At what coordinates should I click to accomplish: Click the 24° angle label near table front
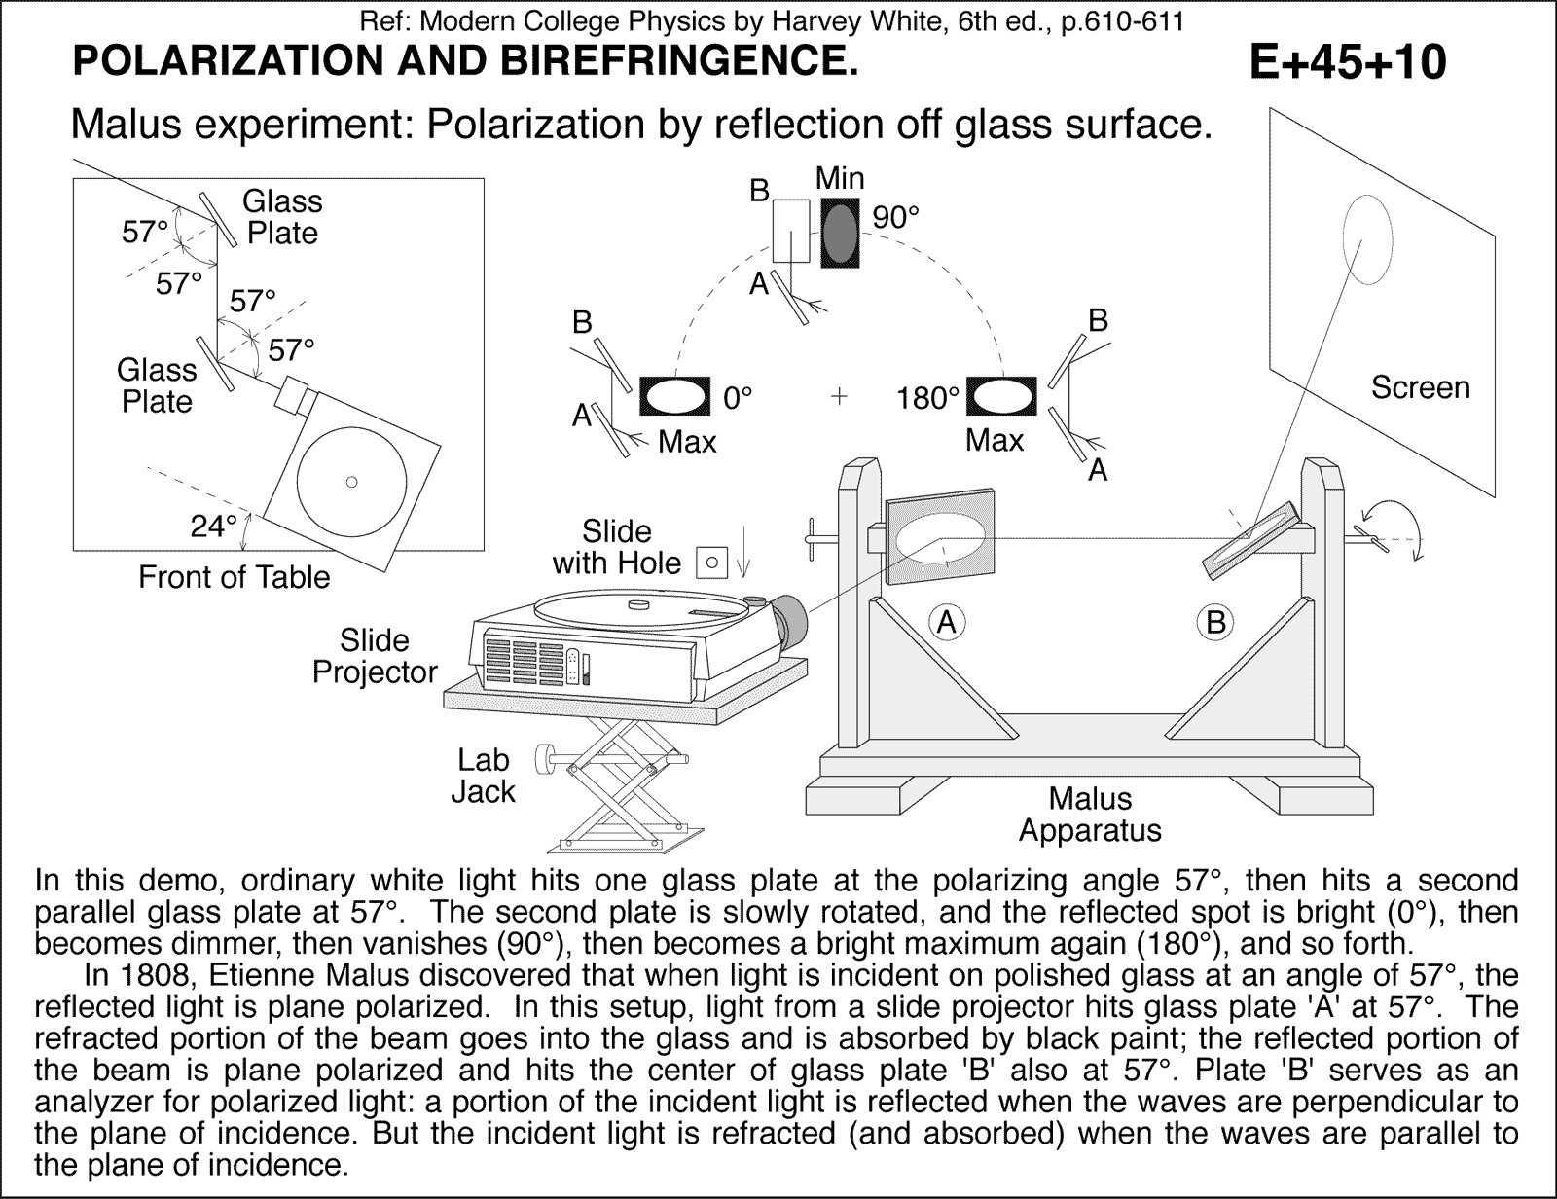[x=213, y=527]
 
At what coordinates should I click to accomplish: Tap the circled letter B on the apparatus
[x=1215, y=621]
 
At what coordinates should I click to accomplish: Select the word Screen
[x=1420, y=387]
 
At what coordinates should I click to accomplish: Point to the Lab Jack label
[x=483, y=776]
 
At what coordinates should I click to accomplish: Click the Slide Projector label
[x=375, y=656]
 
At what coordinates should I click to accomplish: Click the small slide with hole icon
[x=712, y=562]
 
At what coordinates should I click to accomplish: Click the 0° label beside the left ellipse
[x=738, y=398]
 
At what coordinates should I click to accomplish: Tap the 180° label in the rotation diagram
[x=927, y=398]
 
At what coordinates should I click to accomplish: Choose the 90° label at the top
[x=895, y=218]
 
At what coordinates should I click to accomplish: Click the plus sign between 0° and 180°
[x=839, y=396]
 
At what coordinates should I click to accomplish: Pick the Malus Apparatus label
[x=1090, y=815]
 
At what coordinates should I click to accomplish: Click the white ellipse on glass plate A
[x=940, y=538]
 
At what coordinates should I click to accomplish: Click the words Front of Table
[x=234, y=577]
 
